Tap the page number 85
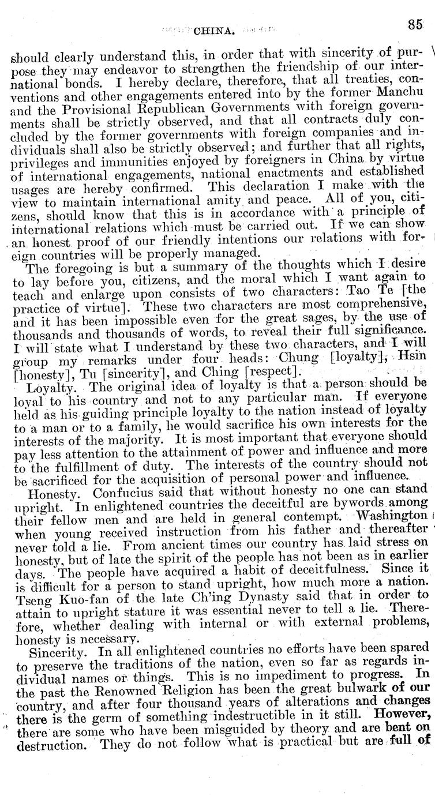(x=415, y=24)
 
